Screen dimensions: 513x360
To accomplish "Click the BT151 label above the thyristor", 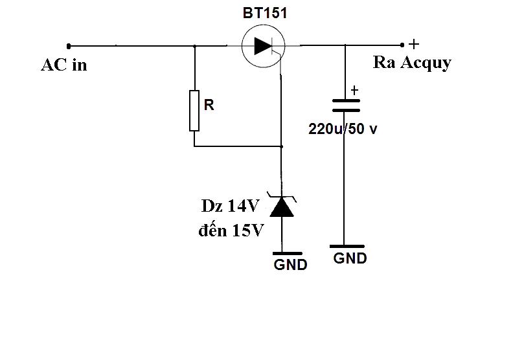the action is [265, 13].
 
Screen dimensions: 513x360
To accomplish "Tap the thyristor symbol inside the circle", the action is [264, 46].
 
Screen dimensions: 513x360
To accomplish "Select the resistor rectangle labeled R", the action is [194, 111].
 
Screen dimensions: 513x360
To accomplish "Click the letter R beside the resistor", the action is [209, 105].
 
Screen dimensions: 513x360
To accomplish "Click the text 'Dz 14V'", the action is [231, 206].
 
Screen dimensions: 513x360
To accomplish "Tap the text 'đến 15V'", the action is [231, 231].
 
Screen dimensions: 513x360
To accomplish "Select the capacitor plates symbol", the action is [346, 106].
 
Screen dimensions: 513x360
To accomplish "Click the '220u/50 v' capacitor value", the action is [343, 129].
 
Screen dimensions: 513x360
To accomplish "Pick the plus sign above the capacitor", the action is [354, 90].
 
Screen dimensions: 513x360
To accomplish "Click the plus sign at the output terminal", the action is [414, 44].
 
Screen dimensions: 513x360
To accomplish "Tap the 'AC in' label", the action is [64, 65].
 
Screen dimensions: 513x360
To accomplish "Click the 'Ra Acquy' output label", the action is [412, 63].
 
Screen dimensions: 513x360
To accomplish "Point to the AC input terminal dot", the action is [69, 47].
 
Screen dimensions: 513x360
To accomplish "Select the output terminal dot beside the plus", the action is [402, 45].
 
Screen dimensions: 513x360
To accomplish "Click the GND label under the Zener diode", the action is [291, 265].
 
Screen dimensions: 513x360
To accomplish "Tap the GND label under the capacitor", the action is [350, 258].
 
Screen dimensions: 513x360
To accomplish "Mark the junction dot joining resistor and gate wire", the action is [282, 146].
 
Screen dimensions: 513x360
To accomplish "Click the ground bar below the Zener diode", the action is [287, 253].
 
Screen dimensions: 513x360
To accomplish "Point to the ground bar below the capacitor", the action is [347, 246].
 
